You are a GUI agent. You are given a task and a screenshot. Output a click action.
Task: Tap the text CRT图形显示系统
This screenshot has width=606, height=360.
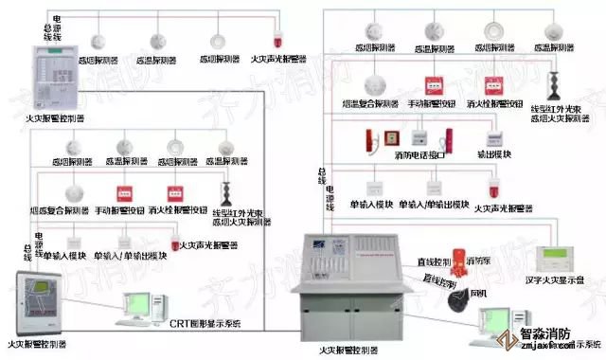(x=206, y=324)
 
